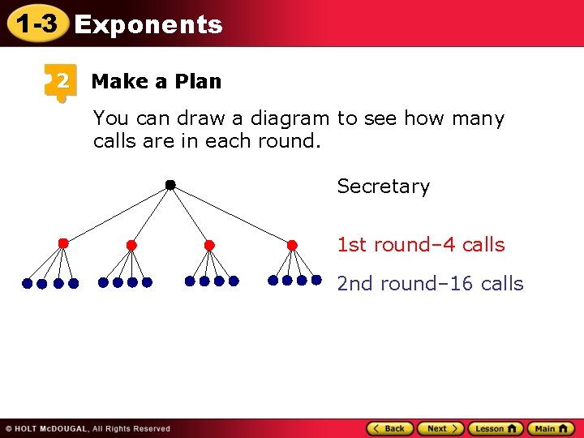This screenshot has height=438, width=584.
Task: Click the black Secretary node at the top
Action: point(170,186)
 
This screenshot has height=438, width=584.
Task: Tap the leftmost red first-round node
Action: point(63,243)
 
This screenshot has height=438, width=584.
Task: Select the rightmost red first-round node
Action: point(293,244)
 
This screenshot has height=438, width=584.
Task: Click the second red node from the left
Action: point(131,245)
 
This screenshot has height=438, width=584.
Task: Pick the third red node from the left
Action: point(209,245)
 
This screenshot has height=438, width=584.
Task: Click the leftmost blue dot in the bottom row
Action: point(27,284)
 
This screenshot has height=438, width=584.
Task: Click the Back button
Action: point(389,428)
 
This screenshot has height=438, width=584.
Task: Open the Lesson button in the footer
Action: point(495,428)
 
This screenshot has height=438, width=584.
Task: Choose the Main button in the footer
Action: point(551,428)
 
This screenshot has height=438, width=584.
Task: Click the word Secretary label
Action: point(383,187)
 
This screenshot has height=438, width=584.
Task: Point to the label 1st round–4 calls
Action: point(420,245)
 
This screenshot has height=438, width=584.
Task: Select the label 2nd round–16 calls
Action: point(430,284)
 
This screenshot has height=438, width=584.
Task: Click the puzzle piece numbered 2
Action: point(60,81)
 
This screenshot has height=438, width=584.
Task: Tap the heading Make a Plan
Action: point(156,82)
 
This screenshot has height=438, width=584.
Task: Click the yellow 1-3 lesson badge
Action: point(36,24)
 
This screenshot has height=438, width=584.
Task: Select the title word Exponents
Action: point(148,25)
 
